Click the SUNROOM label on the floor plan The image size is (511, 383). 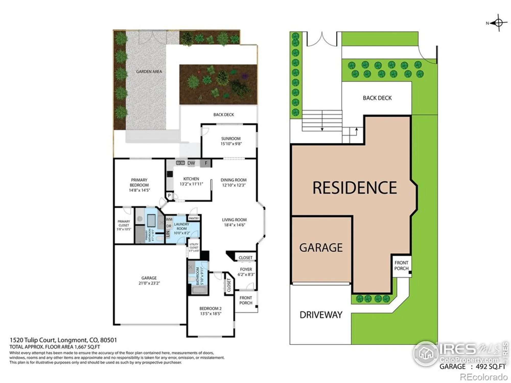[231, 138]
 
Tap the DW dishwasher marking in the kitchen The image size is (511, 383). [191, 163]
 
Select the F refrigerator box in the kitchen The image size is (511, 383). [206, 163]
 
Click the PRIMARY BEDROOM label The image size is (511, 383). [139, 182]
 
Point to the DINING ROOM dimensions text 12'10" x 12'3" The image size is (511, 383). [234, 185]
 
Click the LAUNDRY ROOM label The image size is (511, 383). [182, 226]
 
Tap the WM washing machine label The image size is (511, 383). [169, 219]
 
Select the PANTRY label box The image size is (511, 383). [194, 218]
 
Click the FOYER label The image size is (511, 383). [246, 269]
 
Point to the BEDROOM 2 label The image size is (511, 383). [211, 308]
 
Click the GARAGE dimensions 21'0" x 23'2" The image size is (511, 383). [149, 283]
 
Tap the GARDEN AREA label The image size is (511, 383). [149, 72]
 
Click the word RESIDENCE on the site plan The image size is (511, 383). [355, 188]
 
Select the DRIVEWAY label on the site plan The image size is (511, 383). [321, 315]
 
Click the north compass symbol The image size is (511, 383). [498, 23]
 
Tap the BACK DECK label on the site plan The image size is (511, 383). [377, 98]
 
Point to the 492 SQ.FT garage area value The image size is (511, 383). [491, 367]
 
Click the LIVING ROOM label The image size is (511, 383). [234, 220]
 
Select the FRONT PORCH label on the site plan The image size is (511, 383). [401, 266]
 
